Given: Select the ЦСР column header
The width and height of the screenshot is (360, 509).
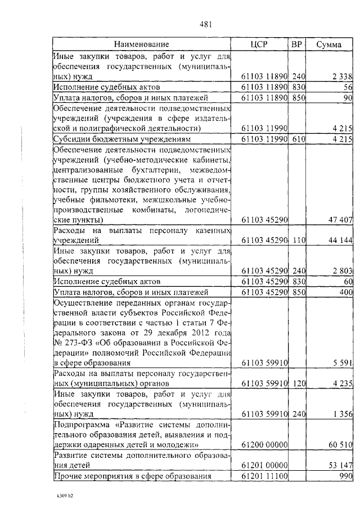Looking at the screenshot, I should coord(261,44).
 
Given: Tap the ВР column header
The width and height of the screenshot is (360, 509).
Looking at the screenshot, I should coord(297,44).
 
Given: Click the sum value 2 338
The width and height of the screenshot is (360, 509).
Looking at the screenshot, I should coord(342,76).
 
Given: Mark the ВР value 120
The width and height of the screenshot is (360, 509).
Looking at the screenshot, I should coord(298,384).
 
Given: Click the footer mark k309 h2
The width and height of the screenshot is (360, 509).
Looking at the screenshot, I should coord(58,497).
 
